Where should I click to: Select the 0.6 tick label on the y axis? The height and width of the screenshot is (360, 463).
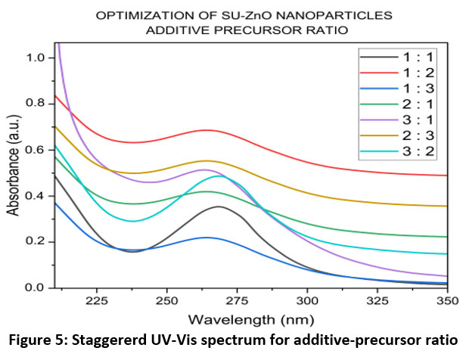coord(33,150)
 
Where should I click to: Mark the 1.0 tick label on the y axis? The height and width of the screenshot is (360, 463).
coord(33,57)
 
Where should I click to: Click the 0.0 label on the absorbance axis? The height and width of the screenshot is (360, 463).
coord(33,288)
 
